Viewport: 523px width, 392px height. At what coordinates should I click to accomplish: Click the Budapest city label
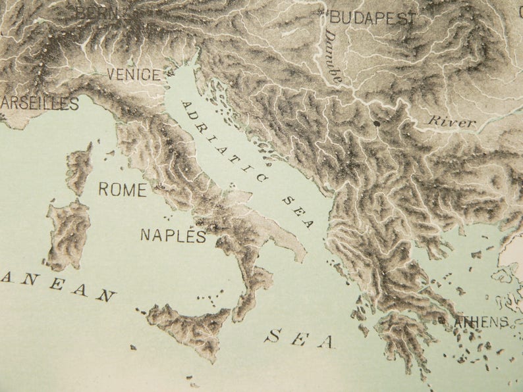pyautogui.click(x=373, y=18)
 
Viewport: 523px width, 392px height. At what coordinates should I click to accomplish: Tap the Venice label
pyautogui.click(x=134, y=75)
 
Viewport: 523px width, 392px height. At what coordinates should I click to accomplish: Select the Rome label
pyautogui.click(x=123, y=190)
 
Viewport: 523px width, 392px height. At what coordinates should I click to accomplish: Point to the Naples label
pyautogui.click(x=173, y=236)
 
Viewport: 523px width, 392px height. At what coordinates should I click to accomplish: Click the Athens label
pyautogui.click(x=482, y=322)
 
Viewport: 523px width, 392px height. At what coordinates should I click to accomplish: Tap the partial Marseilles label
pyautogui.click(x=40, y=103)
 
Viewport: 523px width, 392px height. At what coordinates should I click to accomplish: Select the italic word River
pyautogui.click(x=452, y=122)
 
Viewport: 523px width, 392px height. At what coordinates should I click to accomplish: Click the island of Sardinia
pyautogui.click(x=69, y=233)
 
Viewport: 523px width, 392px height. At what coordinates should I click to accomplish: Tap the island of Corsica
pyautogui.click(x=80, y=168)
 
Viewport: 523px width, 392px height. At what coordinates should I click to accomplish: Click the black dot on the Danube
pyautogui.click(x=376, y=123)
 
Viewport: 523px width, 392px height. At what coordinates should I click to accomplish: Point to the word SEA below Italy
pyautogui.click(x=300, y=339)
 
